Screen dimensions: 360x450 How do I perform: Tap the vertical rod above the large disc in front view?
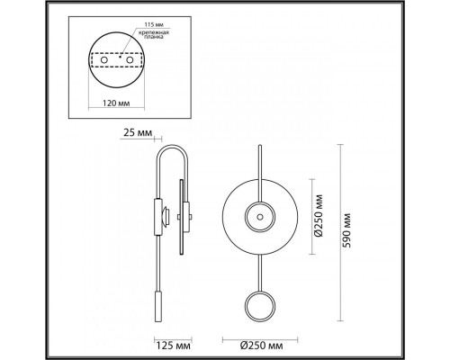pyautogui.click(x=257, y=166)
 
